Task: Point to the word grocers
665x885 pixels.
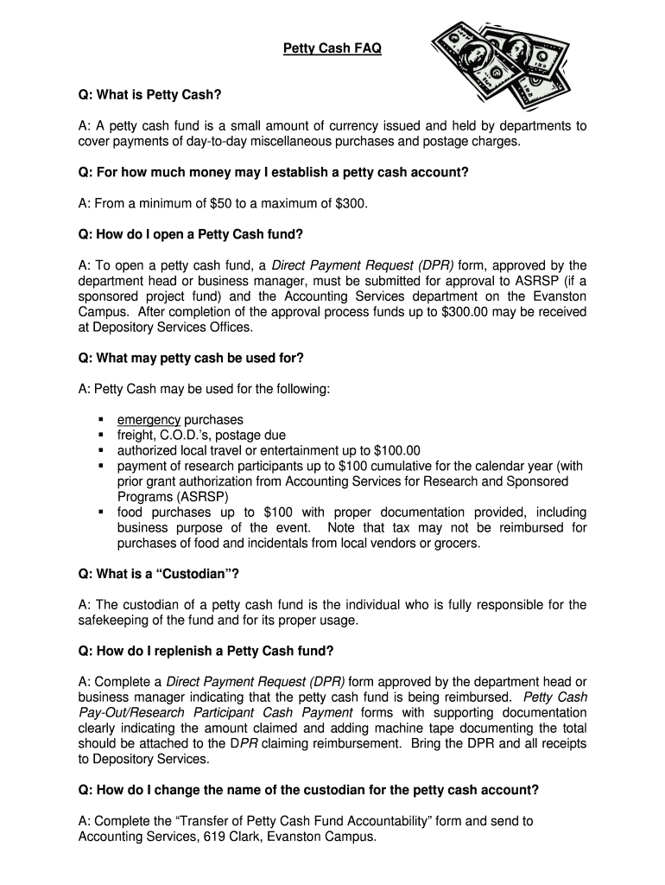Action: (454, 544)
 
